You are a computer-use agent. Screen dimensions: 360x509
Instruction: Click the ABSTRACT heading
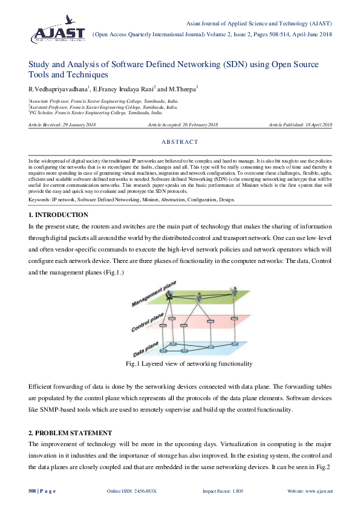coord(180,142)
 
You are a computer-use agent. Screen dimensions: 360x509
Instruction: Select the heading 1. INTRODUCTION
coord(58,215)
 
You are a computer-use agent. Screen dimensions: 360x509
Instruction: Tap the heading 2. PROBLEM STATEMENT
coord(70,433)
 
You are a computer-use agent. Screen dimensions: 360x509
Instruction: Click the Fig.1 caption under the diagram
coord(188,364)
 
